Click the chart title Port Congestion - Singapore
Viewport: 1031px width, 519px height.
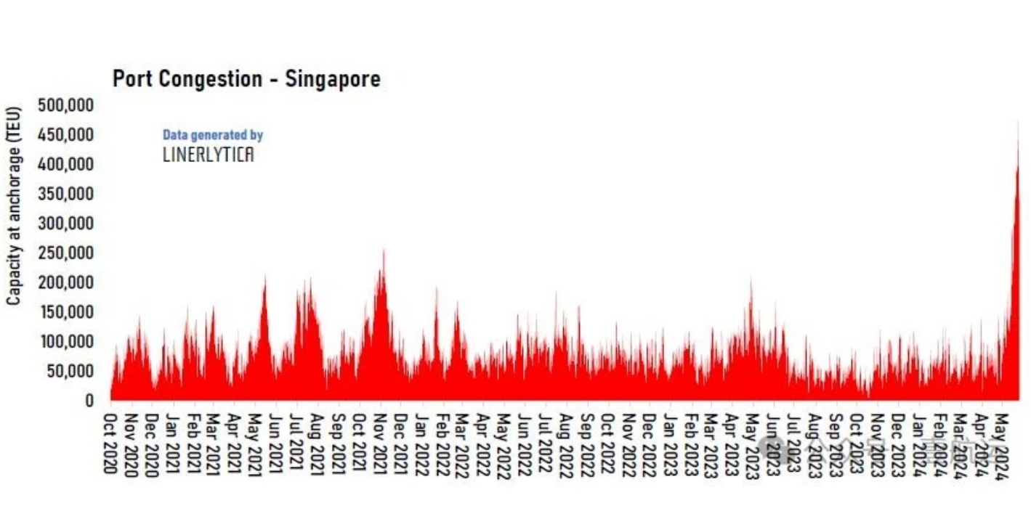coord(246,78)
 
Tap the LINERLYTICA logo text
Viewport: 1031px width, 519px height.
coord(208,154)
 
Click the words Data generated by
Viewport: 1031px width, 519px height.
coord(212,135)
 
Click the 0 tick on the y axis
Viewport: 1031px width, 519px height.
coord(88,401)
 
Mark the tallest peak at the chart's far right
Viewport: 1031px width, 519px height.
coord(1018,123)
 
